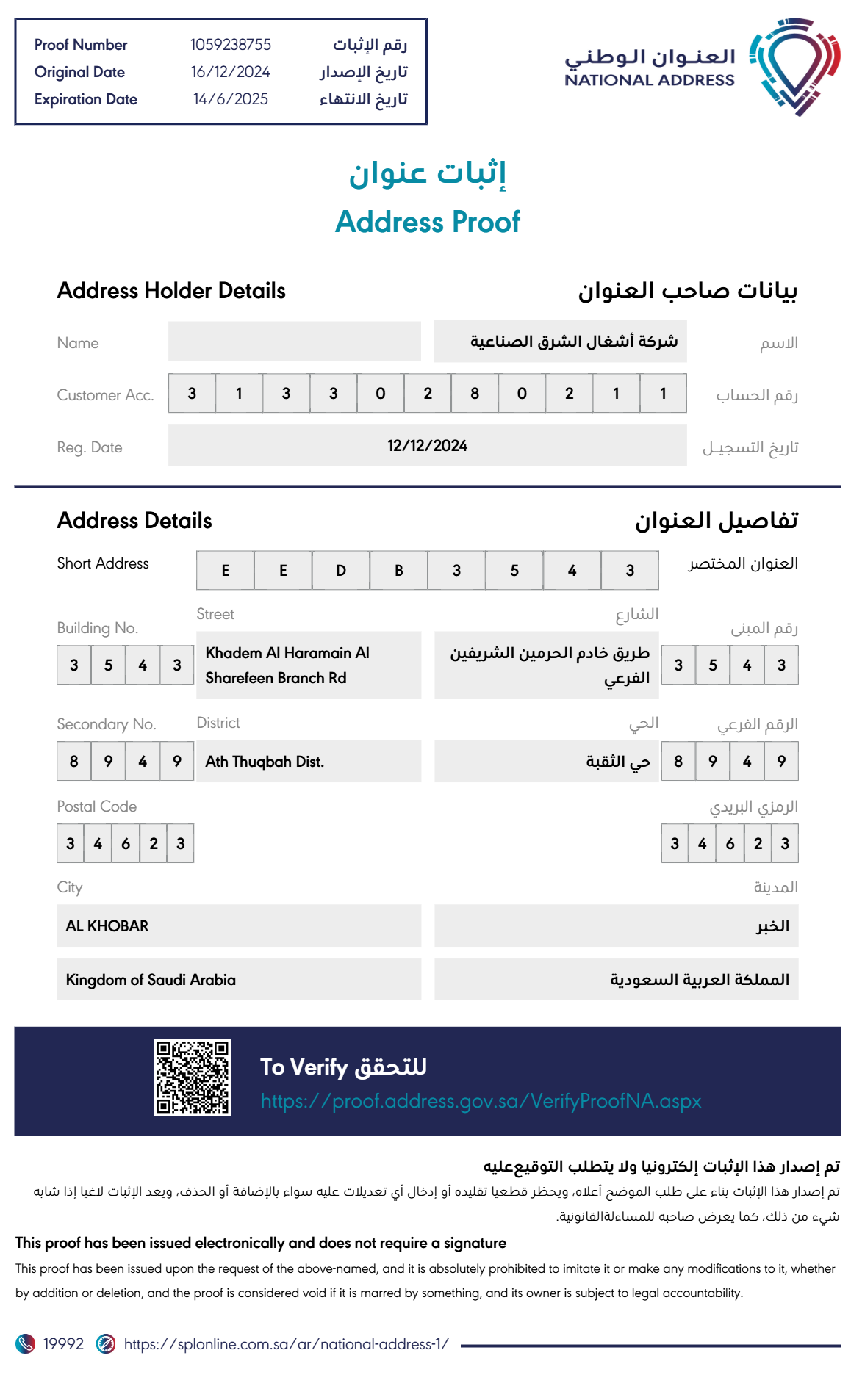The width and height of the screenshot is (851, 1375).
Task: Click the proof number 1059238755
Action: [x=230, y=45]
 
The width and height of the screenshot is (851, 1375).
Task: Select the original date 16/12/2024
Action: [x=230, y=72]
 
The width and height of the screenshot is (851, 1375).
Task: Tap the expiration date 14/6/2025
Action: [x=230, y=99]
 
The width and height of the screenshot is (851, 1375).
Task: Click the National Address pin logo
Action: [x=794, y=67]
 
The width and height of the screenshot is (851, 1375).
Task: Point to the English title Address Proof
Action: [x=427, y=222]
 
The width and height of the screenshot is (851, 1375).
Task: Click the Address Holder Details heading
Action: [x=171, y=291]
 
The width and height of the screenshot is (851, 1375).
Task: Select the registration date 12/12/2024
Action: [x=427, y=446]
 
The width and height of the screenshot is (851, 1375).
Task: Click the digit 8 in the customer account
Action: [x=475, y=394]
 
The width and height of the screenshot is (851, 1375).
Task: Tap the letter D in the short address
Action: [x=341, y=571]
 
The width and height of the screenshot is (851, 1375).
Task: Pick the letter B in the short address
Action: [x=399, y=571]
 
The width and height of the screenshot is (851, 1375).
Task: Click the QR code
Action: [x=192, y=1077]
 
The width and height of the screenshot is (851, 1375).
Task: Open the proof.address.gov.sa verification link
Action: [x=481, y=1101]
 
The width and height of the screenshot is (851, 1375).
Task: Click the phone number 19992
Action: [x=63, y=1344]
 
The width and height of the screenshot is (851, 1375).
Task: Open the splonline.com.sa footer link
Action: [x=286, y=1344]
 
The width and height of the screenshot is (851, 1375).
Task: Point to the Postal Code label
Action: [x=96, y=806]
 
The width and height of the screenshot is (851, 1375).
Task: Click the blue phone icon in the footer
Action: [x=25, y=1344]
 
